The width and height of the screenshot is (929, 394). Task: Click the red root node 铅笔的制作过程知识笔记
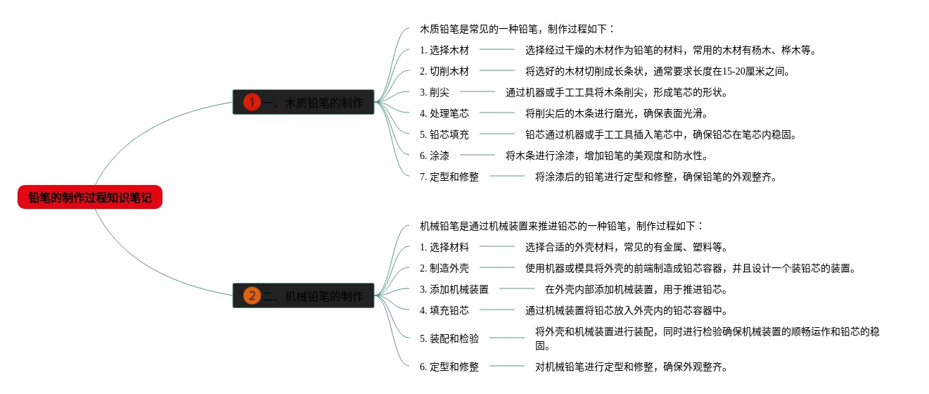coord(90,198)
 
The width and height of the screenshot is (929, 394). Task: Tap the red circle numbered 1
coord(252,103)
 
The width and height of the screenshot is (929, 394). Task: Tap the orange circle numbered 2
coord(252,295)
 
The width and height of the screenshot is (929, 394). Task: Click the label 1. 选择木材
coord(444,50)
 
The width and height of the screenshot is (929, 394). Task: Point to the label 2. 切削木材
coord(444,71)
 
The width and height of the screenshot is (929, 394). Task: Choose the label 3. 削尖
coord(435,92)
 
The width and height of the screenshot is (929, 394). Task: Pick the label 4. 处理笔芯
coord(444,113)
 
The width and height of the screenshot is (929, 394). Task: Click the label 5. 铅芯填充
coord(444,134)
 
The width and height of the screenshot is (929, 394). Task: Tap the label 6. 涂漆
coord(435,155)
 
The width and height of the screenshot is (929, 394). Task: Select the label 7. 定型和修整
coord(449,177)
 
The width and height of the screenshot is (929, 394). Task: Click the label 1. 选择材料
coord(444,247)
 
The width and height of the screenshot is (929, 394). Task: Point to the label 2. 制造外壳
coord(444,268)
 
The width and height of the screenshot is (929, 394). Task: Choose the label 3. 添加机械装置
coord(454,289)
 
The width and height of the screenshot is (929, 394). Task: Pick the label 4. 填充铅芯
coord(444,310)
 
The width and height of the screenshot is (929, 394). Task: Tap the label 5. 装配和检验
coord(449,338)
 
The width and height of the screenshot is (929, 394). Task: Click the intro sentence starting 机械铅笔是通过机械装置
coord(561,226)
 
